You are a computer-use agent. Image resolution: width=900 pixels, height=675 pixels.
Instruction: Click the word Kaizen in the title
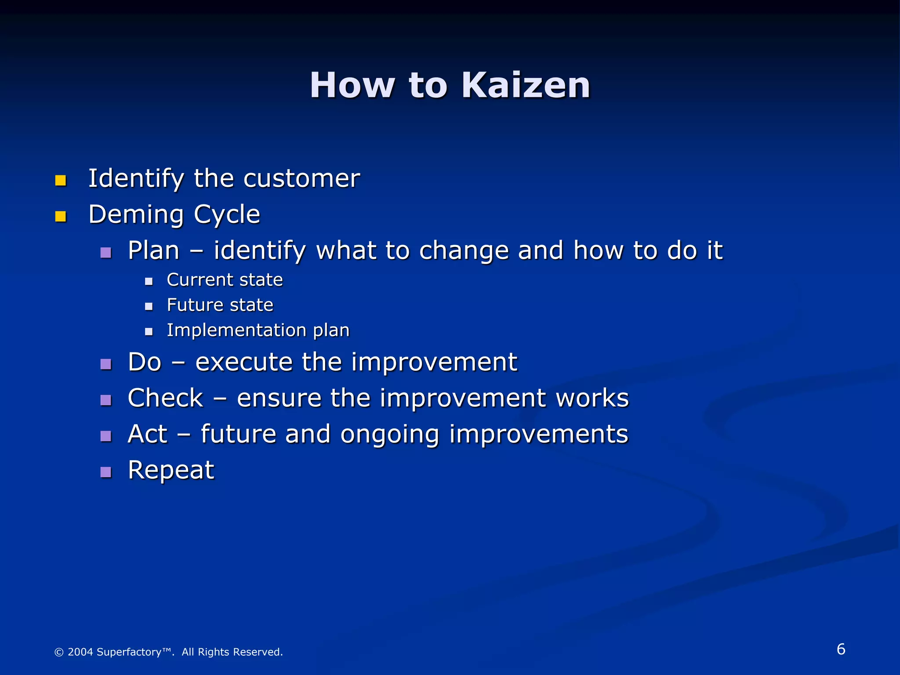pyautogui.click(x=526, y=85)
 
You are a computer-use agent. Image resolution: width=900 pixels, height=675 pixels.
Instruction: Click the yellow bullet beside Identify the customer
pyautogui.click(x=61, y=180)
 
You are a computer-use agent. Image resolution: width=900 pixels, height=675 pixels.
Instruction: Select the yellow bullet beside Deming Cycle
pyautogui.click(x=61, y=216)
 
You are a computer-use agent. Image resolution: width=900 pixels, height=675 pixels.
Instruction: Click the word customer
pyautogui.click(x=301, y=178)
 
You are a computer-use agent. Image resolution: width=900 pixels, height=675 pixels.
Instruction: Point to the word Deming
pyautogui.click(x=136, y=214)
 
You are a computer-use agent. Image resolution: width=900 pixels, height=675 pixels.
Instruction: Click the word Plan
pyautogui.click(x=154, y=250)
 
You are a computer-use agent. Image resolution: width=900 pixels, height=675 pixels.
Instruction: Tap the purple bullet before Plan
pyautogui.click(x=106, y=252)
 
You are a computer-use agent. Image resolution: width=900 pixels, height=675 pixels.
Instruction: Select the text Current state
pyautogui.click(x=225, y=280)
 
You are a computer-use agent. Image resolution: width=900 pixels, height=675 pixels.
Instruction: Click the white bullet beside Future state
pyautogui.click(x=149, y=306)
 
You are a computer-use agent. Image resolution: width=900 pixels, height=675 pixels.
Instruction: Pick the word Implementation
pyautogui.click(x=236, y=330)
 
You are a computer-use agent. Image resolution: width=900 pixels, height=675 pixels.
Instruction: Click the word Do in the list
pyautogui.click(x=145, y=362)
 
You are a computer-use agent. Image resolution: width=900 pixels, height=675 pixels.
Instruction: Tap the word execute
pyautogui.click(x=244, y=362)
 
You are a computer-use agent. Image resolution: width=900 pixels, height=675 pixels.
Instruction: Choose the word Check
pyautogui.click(x=165, y=398)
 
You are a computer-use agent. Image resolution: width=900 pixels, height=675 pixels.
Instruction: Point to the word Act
pyautogui.click(x=147, y=434)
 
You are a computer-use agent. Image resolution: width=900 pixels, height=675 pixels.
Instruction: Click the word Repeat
pyautogui.click(x=171, y=470)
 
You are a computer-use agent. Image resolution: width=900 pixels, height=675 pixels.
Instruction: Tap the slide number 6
pyautogui.click(x=841, y=649)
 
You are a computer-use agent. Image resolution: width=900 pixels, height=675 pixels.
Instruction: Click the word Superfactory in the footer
pyautogui.click(x=129, y=652)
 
